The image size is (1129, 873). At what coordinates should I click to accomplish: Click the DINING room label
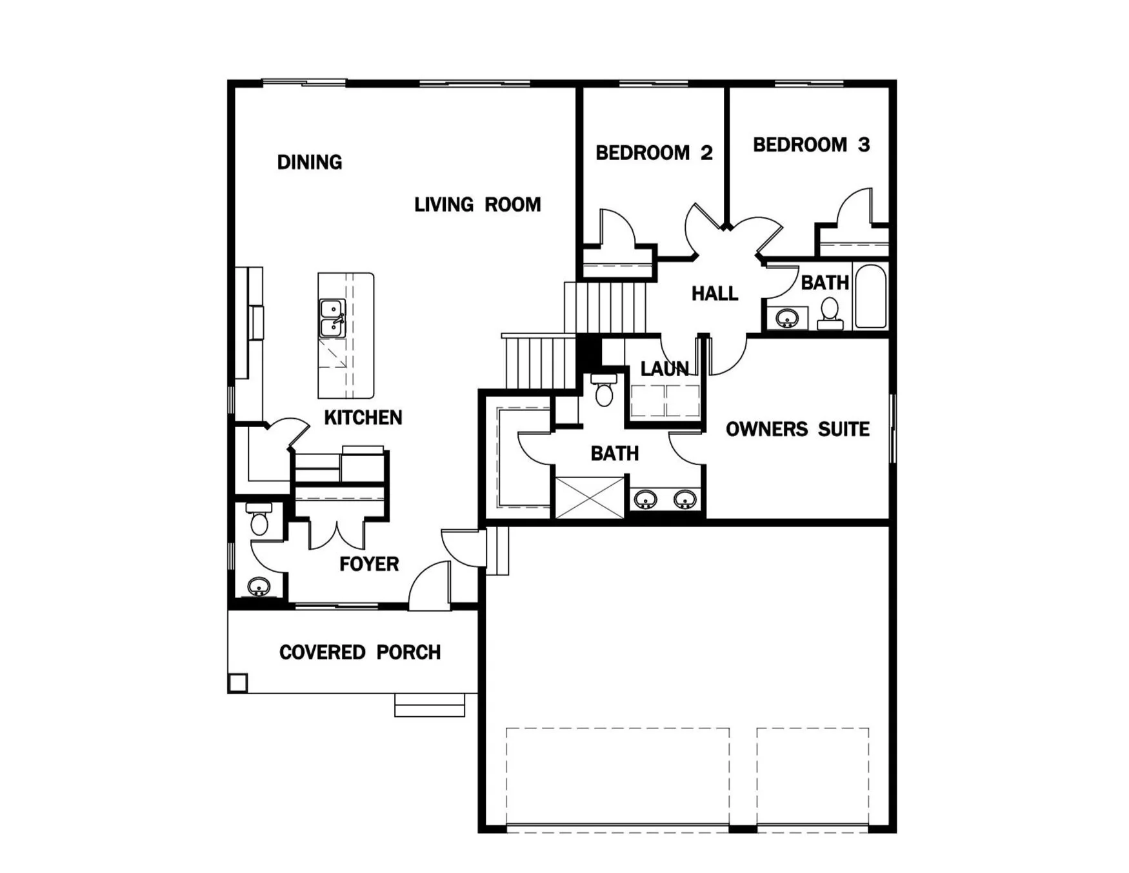coord(310,162)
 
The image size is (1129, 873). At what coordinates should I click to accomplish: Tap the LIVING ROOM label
coord(477,205)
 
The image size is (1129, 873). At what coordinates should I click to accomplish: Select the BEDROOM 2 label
coord(654,153)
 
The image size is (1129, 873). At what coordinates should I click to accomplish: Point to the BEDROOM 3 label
coord(811,145)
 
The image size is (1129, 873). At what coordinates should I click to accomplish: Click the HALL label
coord(714,294)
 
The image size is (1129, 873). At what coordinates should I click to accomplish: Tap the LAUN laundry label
coord(664,369)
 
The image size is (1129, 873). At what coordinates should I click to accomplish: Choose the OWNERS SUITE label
coord(797,429)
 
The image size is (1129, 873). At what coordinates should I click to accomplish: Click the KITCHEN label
coord(363,417)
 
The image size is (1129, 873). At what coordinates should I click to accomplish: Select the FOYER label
coord(369,564)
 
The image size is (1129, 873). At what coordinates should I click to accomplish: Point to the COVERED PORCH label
coord(359,652)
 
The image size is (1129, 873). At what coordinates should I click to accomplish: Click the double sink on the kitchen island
coord(332,318)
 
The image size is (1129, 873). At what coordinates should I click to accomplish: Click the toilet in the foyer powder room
coord(259,520)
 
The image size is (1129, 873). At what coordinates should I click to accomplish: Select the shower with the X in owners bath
coord(590,497)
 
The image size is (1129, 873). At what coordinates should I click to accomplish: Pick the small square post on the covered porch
coord(238,683)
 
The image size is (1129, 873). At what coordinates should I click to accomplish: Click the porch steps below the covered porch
coord(430,705)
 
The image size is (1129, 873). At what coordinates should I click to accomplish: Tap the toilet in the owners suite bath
coord(604,391)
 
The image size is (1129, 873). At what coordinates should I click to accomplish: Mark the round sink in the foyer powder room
coord(258,587)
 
